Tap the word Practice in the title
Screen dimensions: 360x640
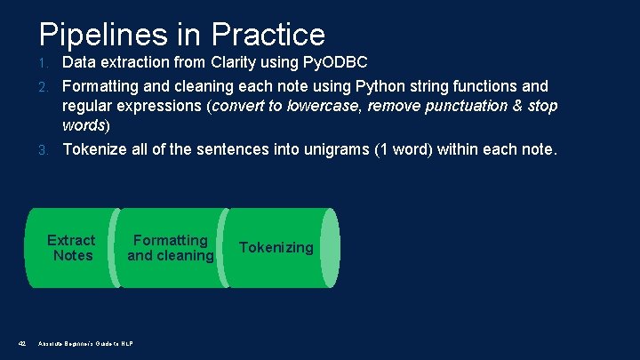(x=268, y=35)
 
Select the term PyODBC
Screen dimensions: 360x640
(x=355, y=62)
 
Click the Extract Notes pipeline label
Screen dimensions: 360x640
(x=71, y=248)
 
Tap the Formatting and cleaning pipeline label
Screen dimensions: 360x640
(x=171, y=248)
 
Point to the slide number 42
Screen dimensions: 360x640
(x=22, y=343)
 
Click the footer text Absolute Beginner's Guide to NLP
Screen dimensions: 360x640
(x=86, y=343)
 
